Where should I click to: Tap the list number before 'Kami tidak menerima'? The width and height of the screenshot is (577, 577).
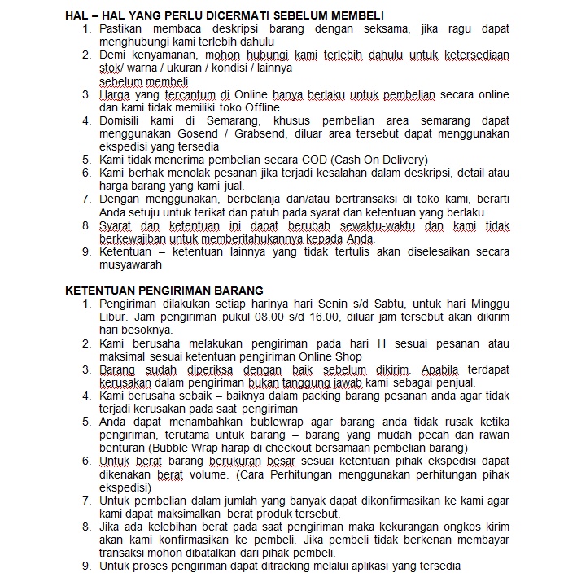87,160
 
